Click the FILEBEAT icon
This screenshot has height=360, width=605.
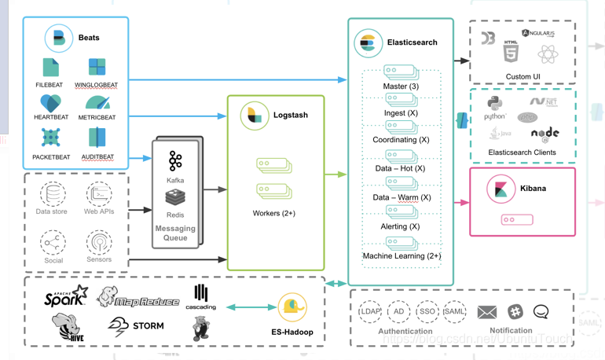51,67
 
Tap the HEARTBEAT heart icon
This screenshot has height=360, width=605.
50,103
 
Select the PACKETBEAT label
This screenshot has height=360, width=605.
51,157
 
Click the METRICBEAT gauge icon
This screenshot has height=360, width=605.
97,102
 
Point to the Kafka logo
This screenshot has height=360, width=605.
175,161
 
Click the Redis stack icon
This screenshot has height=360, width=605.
175,197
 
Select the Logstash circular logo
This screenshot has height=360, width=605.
255,116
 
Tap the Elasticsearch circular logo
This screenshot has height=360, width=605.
368,42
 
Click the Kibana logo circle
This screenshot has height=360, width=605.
500,189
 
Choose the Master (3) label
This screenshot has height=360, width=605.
401,86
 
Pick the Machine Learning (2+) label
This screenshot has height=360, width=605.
401,256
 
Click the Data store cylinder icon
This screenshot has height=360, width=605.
53,193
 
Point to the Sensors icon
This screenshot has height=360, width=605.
99,242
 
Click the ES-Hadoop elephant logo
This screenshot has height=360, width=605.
291,308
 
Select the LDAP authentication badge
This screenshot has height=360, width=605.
370,311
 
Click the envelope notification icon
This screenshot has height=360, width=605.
487,312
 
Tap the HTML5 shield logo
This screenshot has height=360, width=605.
511,53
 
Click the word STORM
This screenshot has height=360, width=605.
148,325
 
